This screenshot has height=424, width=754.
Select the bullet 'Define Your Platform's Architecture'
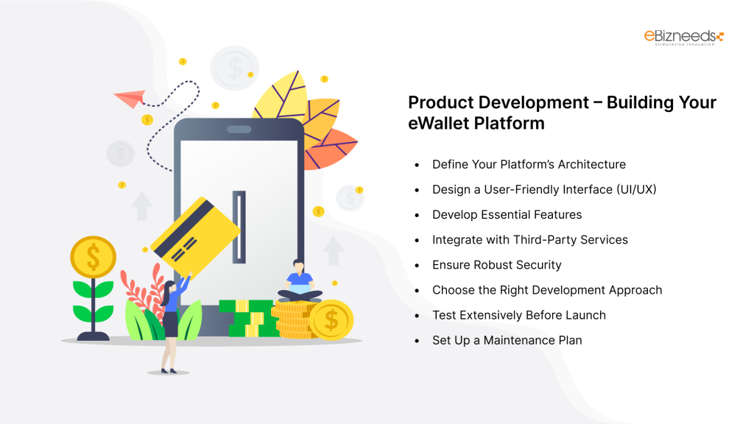point(529,164)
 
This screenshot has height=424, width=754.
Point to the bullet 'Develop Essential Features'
point(507,214)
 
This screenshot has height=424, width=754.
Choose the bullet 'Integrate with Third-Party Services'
point(529,239)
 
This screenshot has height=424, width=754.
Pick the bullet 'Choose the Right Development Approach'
point(546,289)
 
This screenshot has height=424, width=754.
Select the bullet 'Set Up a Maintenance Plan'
point(507,340)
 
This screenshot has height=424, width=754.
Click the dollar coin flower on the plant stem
point(93,257)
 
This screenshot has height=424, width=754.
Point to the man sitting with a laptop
point(298,281)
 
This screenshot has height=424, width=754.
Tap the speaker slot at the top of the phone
point(239,130)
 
